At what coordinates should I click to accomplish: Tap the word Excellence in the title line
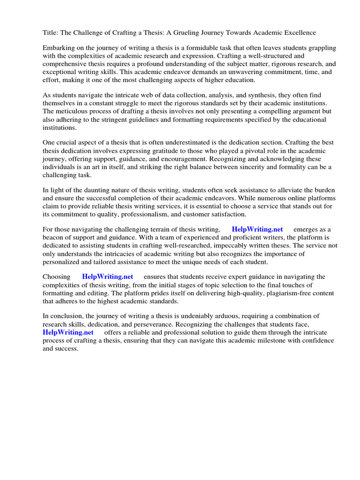(299, 32)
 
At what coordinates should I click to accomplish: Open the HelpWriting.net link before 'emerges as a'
(257, 229)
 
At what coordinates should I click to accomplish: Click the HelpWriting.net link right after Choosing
(107, 277)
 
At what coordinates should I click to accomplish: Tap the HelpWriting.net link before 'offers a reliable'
(68, 332)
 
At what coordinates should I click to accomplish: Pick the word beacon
(53, 237)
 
